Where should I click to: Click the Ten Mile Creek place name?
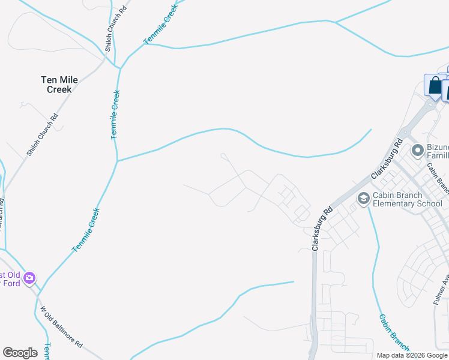click(x=56, y=85)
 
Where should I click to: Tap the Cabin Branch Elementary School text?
click(x=408, y=199)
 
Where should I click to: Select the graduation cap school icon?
click(x=363, y=198)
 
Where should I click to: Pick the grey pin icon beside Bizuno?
click(x=417, y=150)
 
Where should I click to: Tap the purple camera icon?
click(x=29, y=278)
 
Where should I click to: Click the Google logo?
click(x=20, y=353)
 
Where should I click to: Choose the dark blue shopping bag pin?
click(x=433, y=85)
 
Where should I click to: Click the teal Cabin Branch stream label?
click(x=393, y=334)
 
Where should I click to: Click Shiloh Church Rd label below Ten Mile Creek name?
click(x=41, y=135)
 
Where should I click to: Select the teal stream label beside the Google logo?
click(x=47, y=351)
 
